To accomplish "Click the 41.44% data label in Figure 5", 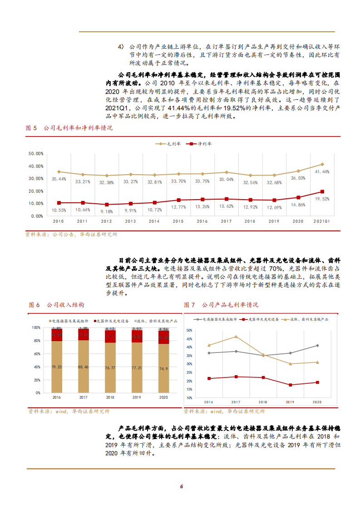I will pos(322,171).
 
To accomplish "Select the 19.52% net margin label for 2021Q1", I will pos(322,199).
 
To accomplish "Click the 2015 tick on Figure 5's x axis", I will pos(178,221).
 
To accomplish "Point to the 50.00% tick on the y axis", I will pos(35,154).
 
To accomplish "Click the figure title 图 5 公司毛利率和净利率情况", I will pos(69,128).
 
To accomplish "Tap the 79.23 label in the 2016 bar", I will pos(57,367).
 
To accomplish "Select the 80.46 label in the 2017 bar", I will pos(84,367).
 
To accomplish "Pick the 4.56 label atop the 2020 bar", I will pos(164,329).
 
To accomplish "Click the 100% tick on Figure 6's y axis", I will pos(36,328).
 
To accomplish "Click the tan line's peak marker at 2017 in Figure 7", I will pos(236,337).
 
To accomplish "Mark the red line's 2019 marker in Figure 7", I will pos(291,385).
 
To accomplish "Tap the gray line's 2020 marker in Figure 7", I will pos(317,346).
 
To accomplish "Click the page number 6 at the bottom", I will pos(181,487).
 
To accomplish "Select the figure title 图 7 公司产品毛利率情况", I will pos(221,305).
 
